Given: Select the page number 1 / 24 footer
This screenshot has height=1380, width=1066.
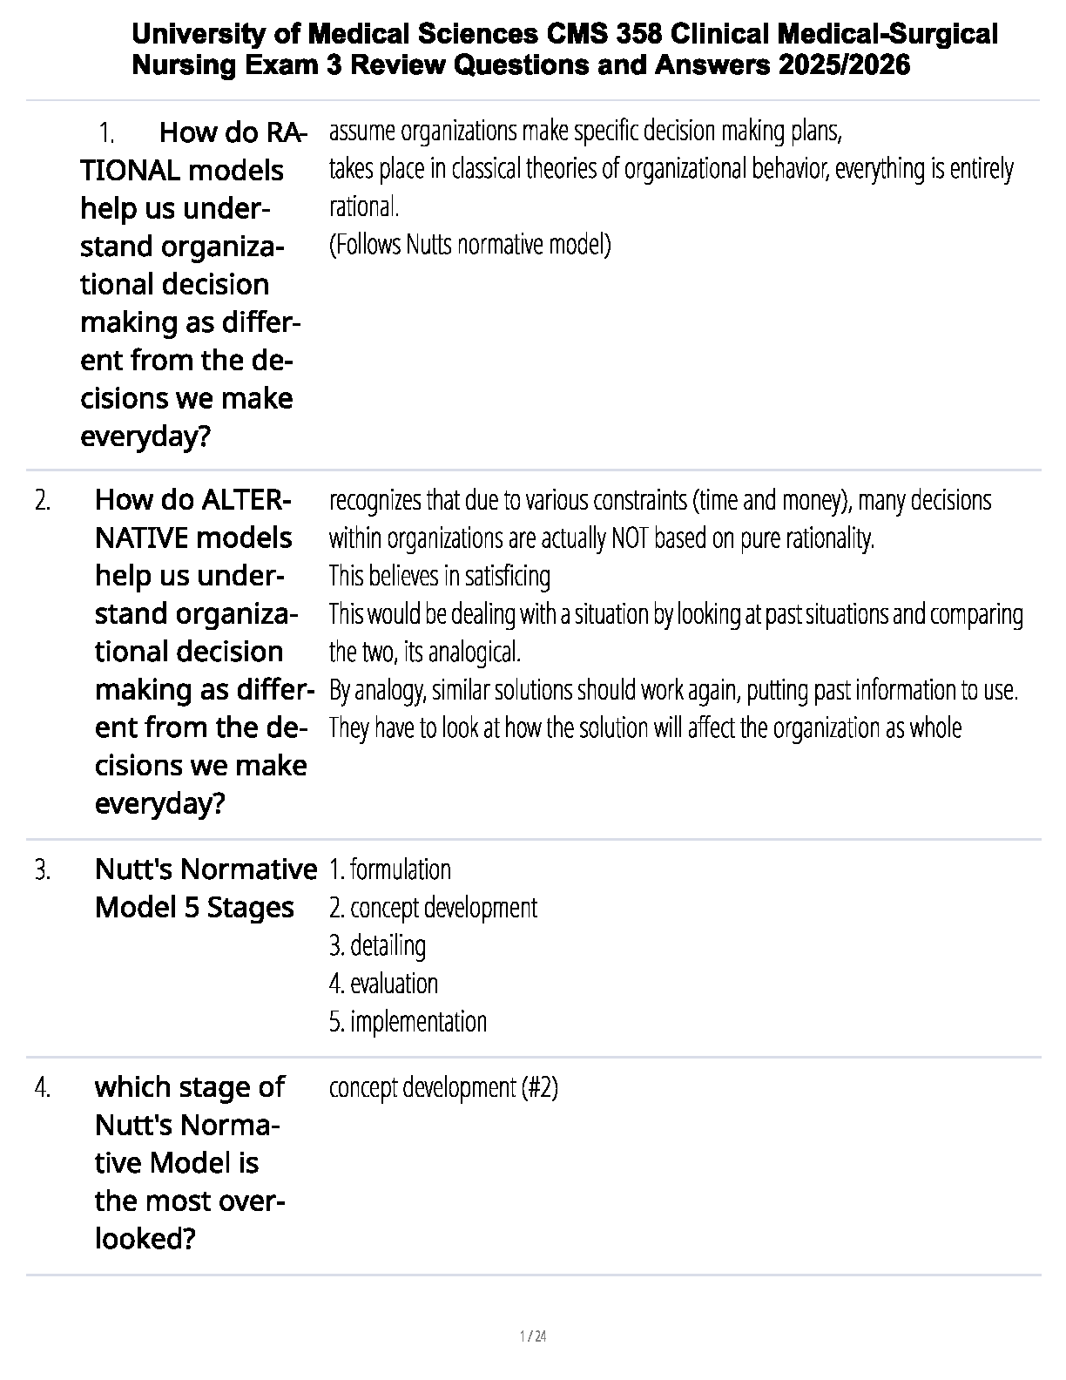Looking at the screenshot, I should tap(532, 1336).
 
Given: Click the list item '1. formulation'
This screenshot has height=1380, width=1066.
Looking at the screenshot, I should tap(390, 869).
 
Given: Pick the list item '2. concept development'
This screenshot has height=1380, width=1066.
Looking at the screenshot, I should tap(433, 908).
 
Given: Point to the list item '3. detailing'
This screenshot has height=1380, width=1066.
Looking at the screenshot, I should tap(377, 945).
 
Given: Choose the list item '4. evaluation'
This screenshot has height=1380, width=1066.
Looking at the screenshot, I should tap(383, 984).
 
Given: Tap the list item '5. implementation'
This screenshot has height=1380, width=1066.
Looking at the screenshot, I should tap(408, 1021).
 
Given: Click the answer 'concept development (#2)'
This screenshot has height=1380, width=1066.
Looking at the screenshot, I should tap(443, 1087).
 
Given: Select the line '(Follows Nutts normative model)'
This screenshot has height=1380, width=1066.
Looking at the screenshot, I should tap(469, 245).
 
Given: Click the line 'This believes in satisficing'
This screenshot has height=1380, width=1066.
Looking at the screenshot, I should tap(440, 576).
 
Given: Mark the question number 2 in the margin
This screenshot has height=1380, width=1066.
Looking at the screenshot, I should tap(43, 501).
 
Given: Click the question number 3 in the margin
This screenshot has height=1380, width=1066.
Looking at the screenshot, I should tap(43, 869).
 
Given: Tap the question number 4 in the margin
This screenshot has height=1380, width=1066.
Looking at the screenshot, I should tap(43, 1087).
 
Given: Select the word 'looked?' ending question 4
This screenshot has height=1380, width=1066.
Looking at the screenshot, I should tap(145, 1238).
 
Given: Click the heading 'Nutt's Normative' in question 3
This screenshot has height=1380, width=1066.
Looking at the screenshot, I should tap(206, 869).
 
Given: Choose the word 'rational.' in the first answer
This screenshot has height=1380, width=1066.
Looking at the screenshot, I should tap(364, 207).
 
